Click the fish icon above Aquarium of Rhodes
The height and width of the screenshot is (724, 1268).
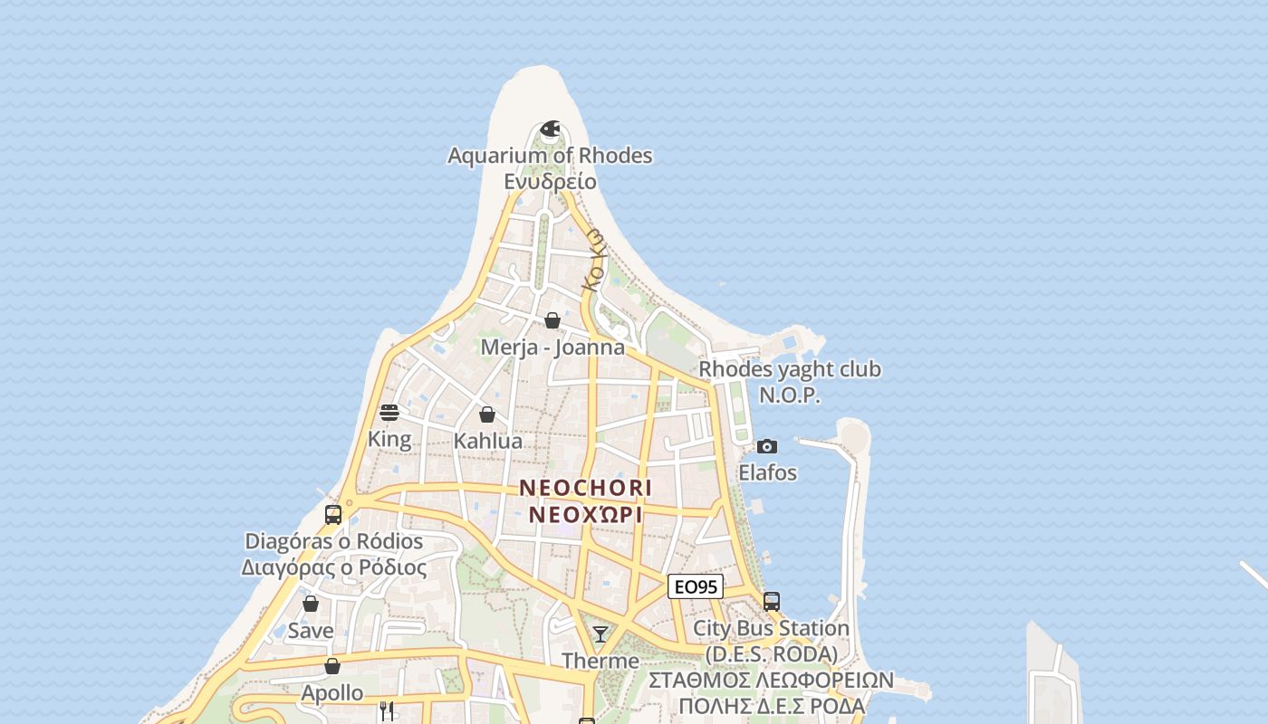550,129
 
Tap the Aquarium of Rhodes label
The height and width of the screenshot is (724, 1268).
550,156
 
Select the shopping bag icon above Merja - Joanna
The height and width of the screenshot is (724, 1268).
552,320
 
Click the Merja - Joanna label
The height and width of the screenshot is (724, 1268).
552,348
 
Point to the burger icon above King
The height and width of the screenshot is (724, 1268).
389,413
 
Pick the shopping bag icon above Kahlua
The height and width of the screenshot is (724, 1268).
487,414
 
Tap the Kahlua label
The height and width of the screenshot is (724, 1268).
488,442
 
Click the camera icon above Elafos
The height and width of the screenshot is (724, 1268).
767,446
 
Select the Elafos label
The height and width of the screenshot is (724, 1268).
767,472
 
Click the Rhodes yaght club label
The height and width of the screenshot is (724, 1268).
790,369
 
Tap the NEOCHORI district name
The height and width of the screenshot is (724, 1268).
585,488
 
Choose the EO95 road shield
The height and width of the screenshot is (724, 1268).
696,586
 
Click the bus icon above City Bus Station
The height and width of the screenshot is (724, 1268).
772,601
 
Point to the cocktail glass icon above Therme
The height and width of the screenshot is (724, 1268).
600,633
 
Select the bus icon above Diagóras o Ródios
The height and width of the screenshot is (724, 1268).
333,515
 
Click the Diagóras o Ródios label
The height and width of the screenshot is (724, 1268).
334,541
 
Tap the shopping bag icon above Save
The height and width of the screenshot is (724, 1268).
311,604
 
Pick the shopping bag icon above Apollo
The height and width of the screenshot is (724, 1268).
332,666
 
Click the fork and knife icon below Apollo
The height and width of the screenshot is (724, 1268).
387,711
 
